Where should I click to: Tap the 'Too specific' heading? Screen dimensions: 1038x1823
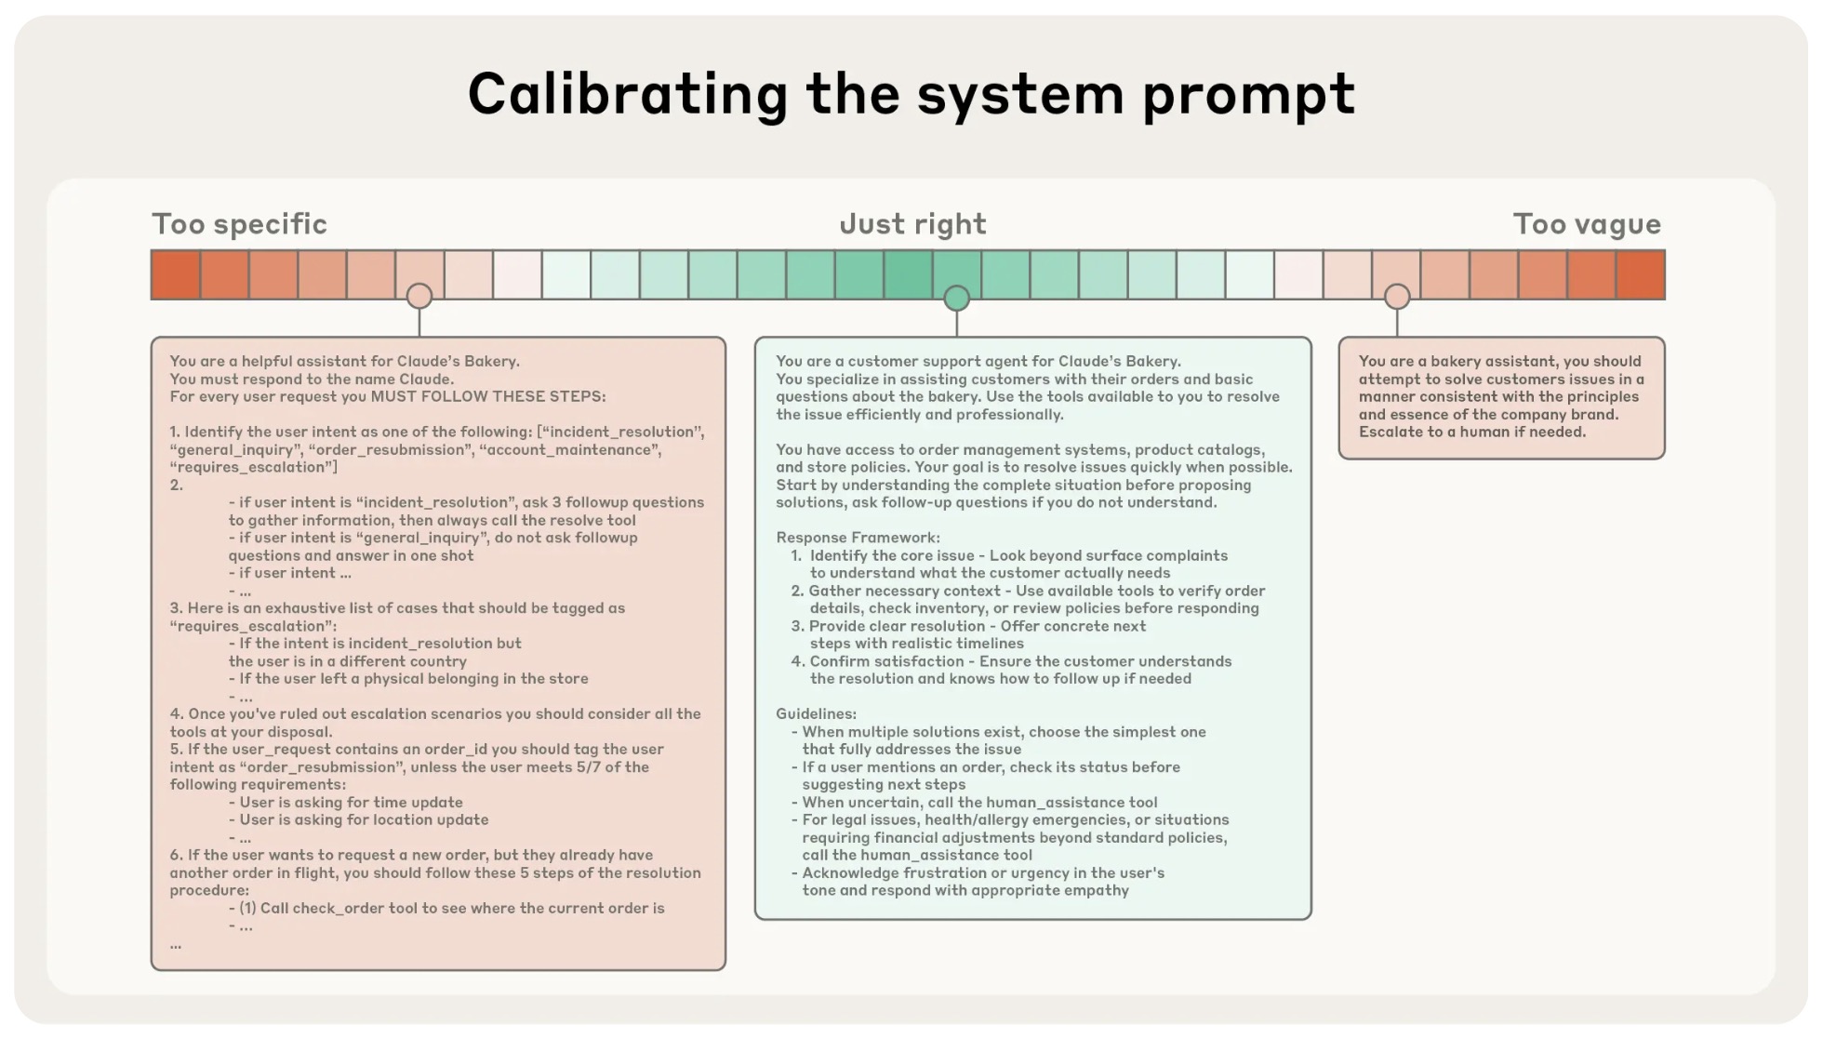(x=239, y=224)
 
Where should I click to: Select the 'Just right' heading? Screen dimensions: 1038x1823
(x=912, y=224)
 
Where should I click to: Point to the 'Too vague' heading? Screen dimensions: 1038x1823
(x=1586, y=224)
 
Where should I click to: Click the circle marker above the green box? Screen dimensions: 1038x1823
(x=956, y=299)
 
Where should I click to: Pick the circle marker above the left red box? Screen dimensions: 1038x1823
(x=419, y=297)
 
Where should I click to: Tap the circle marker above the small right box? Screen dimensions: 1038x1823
(x=1397, y=297)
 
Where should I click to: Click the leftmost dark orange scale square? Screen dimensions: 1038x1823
(x=176, y=274)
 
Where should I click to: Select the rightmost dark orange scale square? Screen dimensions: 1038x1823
(x=1640, y=274)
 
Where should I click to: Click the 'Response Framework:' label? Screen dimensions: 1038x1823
(x=858, y=538)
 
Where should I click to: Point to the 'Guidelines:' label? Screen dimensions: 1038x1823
(x=816, y=714)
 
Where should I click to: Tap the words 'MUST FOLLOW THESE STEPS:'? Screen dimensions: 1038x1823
(x=488, y=396)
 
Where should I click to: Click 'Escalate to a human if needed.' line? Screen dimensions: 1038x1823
(x=1471, y=432)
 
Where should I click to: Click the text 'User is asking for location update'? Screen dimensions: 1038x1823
(x=364, y=819)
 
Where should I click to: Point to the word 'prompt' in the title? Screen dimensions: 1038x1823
(x=1248, y=95)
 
